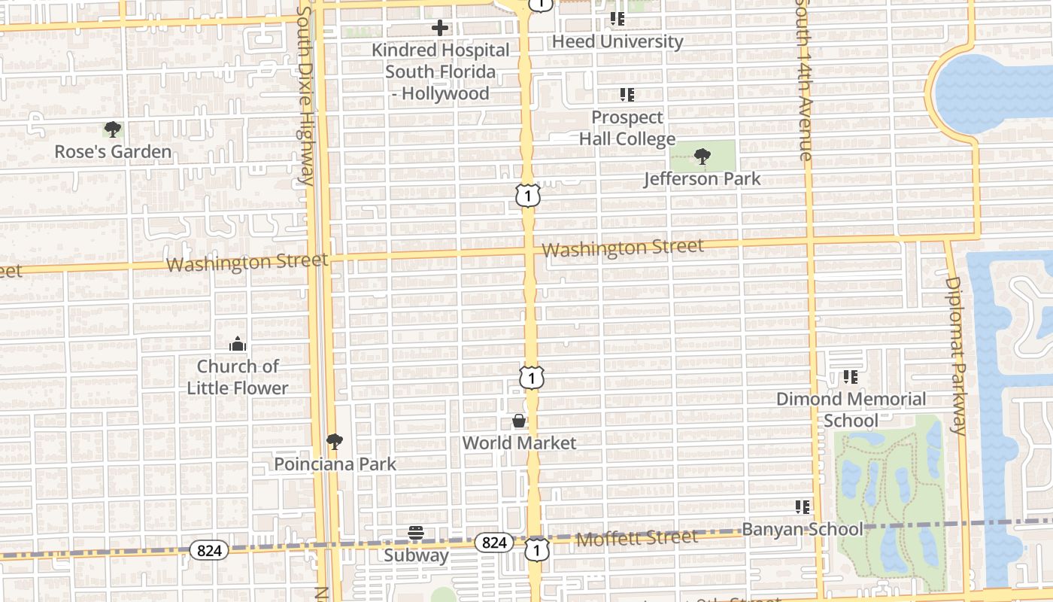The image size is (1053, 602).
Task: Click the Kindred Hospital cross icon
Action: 440,28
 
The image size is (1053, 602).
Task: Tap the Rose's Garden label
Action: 113,152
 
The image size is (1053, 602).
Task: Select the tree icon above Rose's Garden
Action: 113,129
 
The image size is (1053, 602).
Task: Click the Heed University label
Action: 618,41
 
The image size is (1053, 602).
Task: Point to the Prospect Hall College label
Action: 627,128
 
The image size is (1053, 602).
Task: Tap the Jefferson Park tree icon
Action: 703,157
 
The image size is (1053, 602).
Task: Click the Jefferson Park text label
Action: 703,179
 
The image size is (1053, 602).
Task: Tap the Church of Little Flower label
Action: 238,377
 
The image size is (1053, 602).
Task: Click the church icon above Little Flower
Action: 238,345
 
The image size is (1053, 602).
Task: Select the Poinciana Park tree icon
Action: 335,442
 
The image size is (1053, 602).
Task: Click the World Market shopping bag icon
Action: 519,421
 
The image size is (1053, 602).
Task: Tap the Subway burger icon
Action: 416,534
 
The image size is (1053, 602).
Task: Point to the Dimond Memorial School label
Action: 851,409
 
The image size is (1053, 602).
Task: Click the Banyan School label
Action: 803,529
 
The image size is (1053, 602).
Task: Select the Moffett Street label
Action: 637,538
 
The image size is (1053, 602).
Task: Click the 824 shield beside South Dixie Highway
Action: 208,551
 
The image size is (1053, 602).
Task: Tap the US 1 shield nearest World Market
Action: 532,377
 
